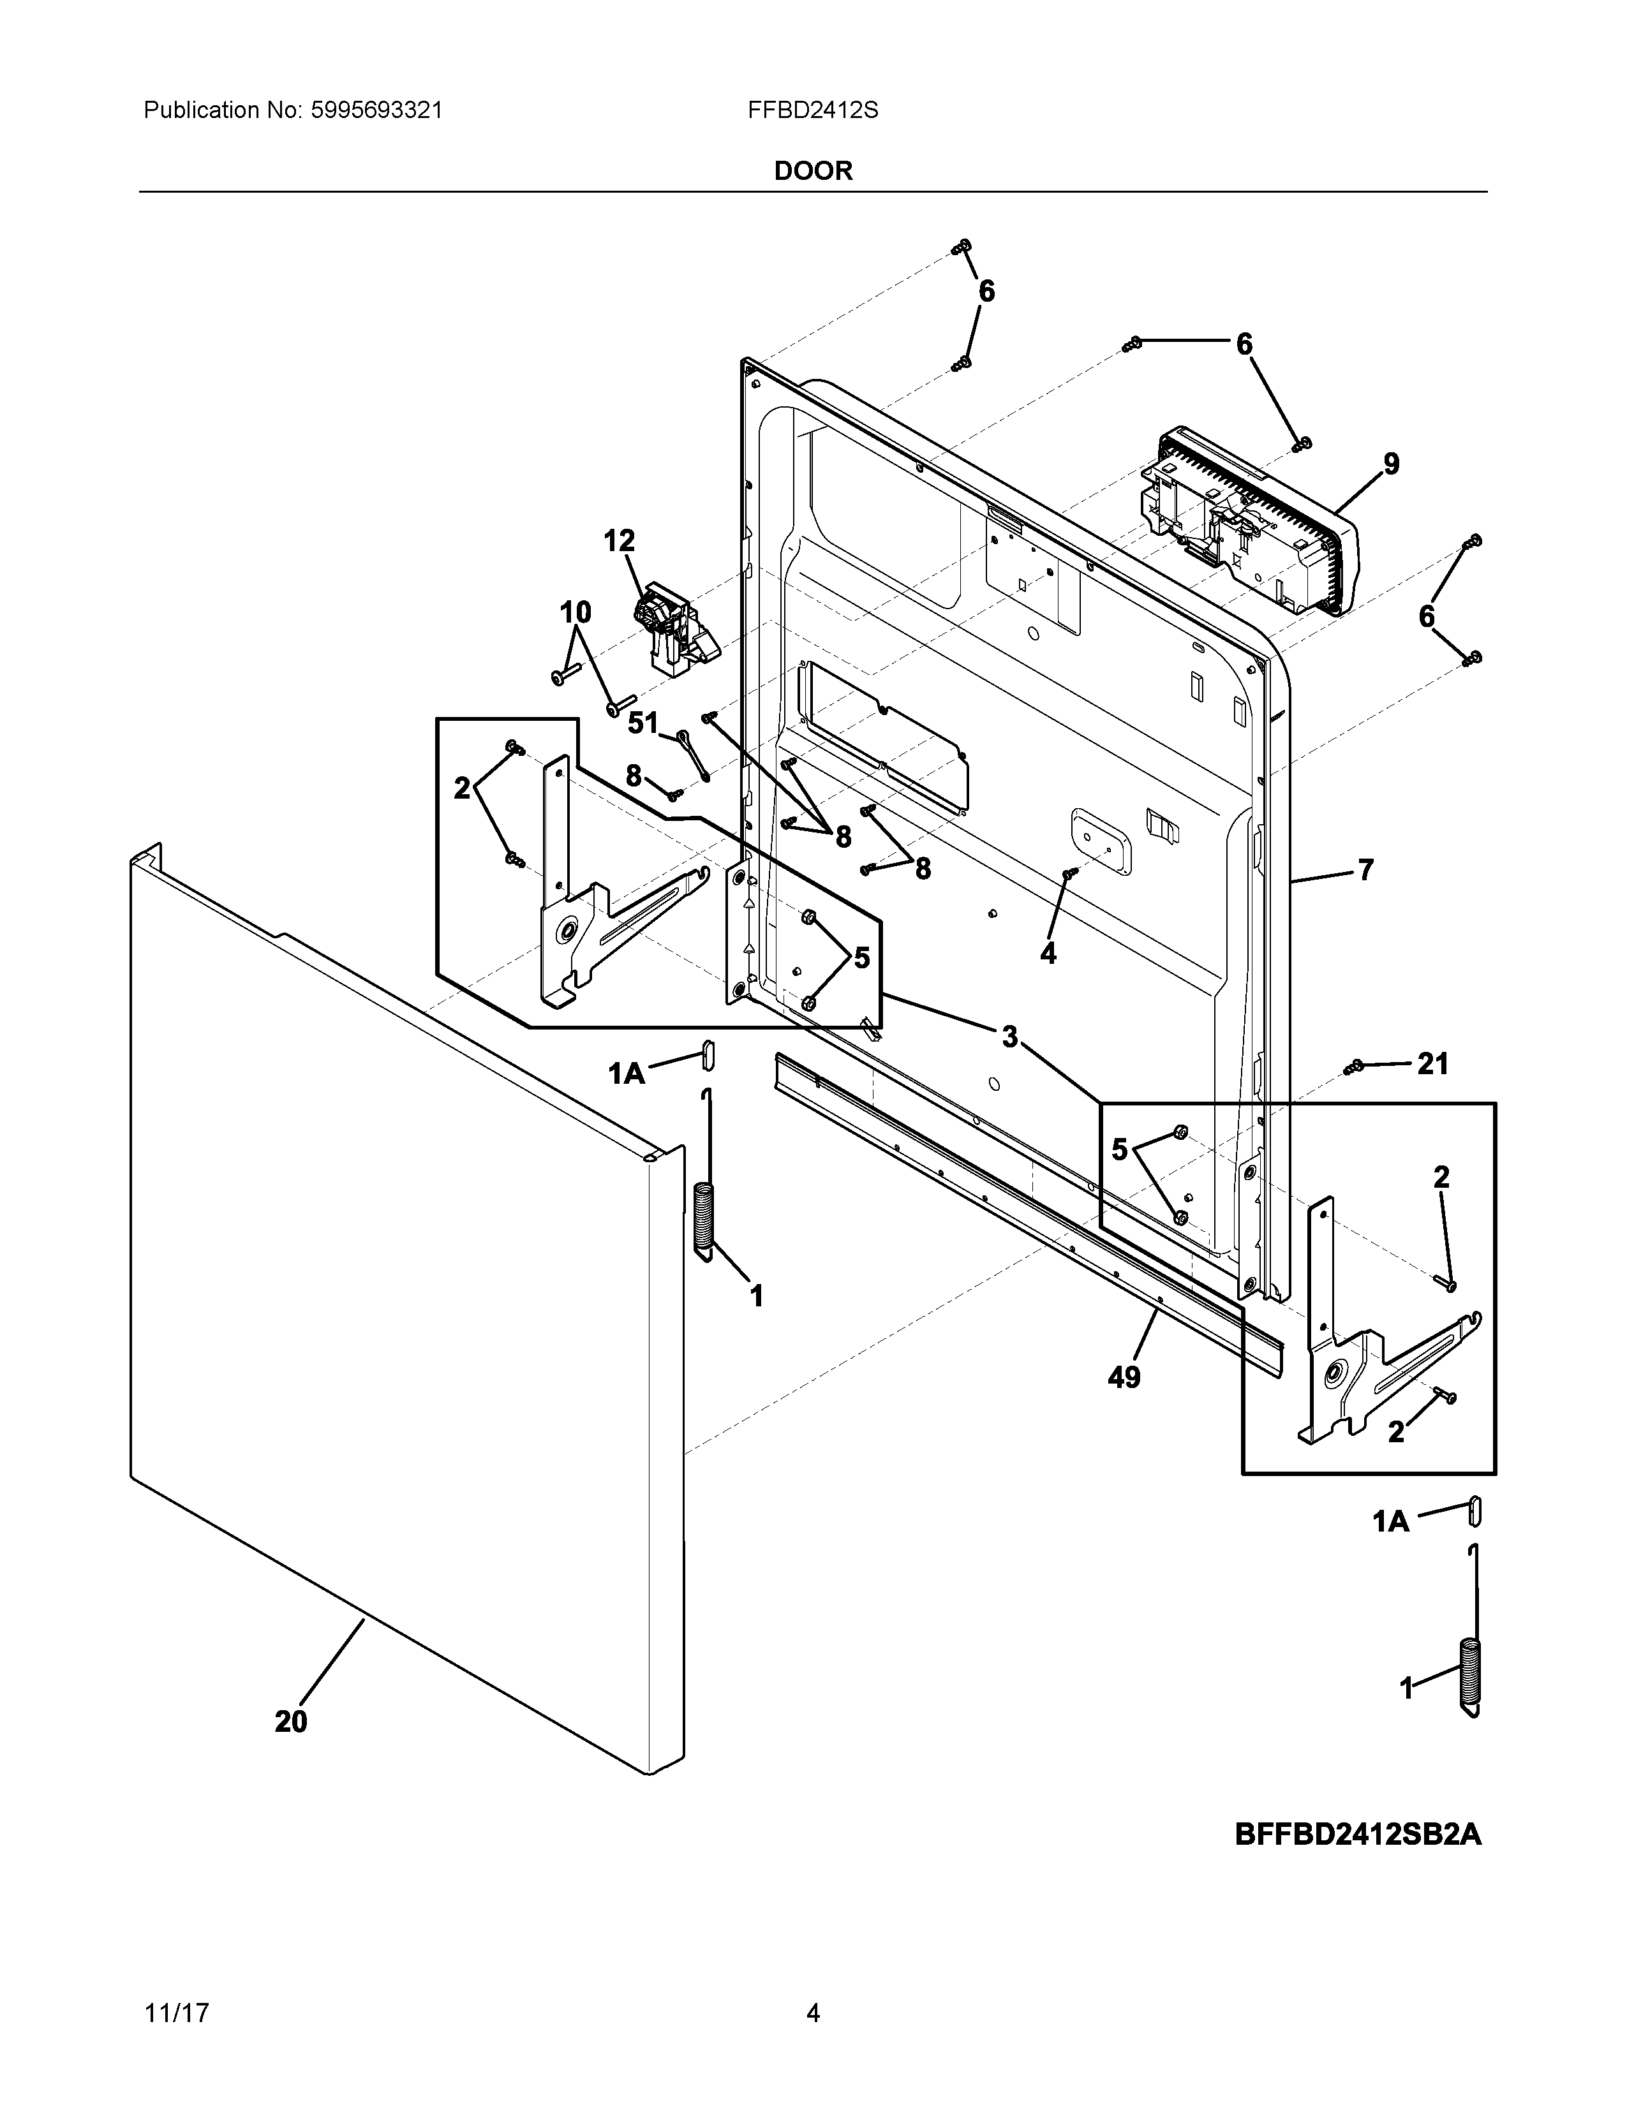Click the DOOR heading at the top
click(812, 172)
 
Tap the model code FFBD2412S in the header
click(812, 111)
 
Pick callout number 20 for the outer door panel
click(291, 1722)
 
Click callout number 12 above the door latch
click(619, 541)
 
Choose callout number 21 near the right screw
click(1432, 1064)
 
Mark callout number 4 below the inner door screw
click(1048, 953)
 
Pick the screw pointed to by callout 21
click(1354, 1066)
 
